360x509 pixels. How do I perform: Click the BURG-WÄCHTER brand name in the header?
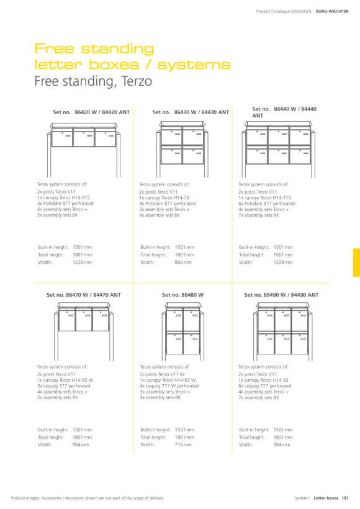point(332,11)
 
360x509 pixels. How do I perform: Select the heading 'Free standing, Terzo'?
point(93,81)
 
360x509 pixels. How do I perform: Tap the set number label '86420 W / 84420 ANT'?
point(102,112)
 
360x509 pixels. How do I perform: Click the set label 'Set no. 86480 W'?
point(182,295)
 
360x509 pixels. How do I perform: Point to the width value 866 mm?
point(183,263)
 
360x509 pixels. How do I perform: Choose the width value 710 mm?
point(183,444)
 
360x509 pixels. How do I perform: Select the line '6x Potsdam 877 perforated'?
point(266,204)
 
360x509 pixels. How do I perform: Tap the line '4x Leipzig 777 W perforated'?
point(169,386)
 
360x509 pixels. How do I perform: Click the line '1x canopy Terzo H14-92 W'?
point(65,380)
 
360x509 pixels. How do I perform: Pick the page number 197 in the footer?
point(345,498)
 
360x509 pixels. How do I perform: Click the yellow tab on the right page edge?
point(356,263)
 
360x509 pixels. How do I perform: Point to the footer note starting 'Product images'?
point(88,498)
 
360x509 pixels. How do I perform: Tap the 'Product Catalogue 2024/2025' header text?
point(284,11)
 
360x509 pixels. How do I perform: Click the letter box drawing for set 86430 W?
point(182,149)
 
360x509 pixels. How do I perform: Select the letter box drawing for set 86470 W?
point(84,331)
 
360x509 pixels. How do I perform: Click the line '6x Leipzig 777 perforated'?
point(265,386)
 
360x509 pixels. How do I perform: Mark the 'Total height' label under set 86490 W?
point(251,437)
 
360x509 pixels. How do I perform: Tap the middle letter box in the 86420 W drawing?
point(83,138)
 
